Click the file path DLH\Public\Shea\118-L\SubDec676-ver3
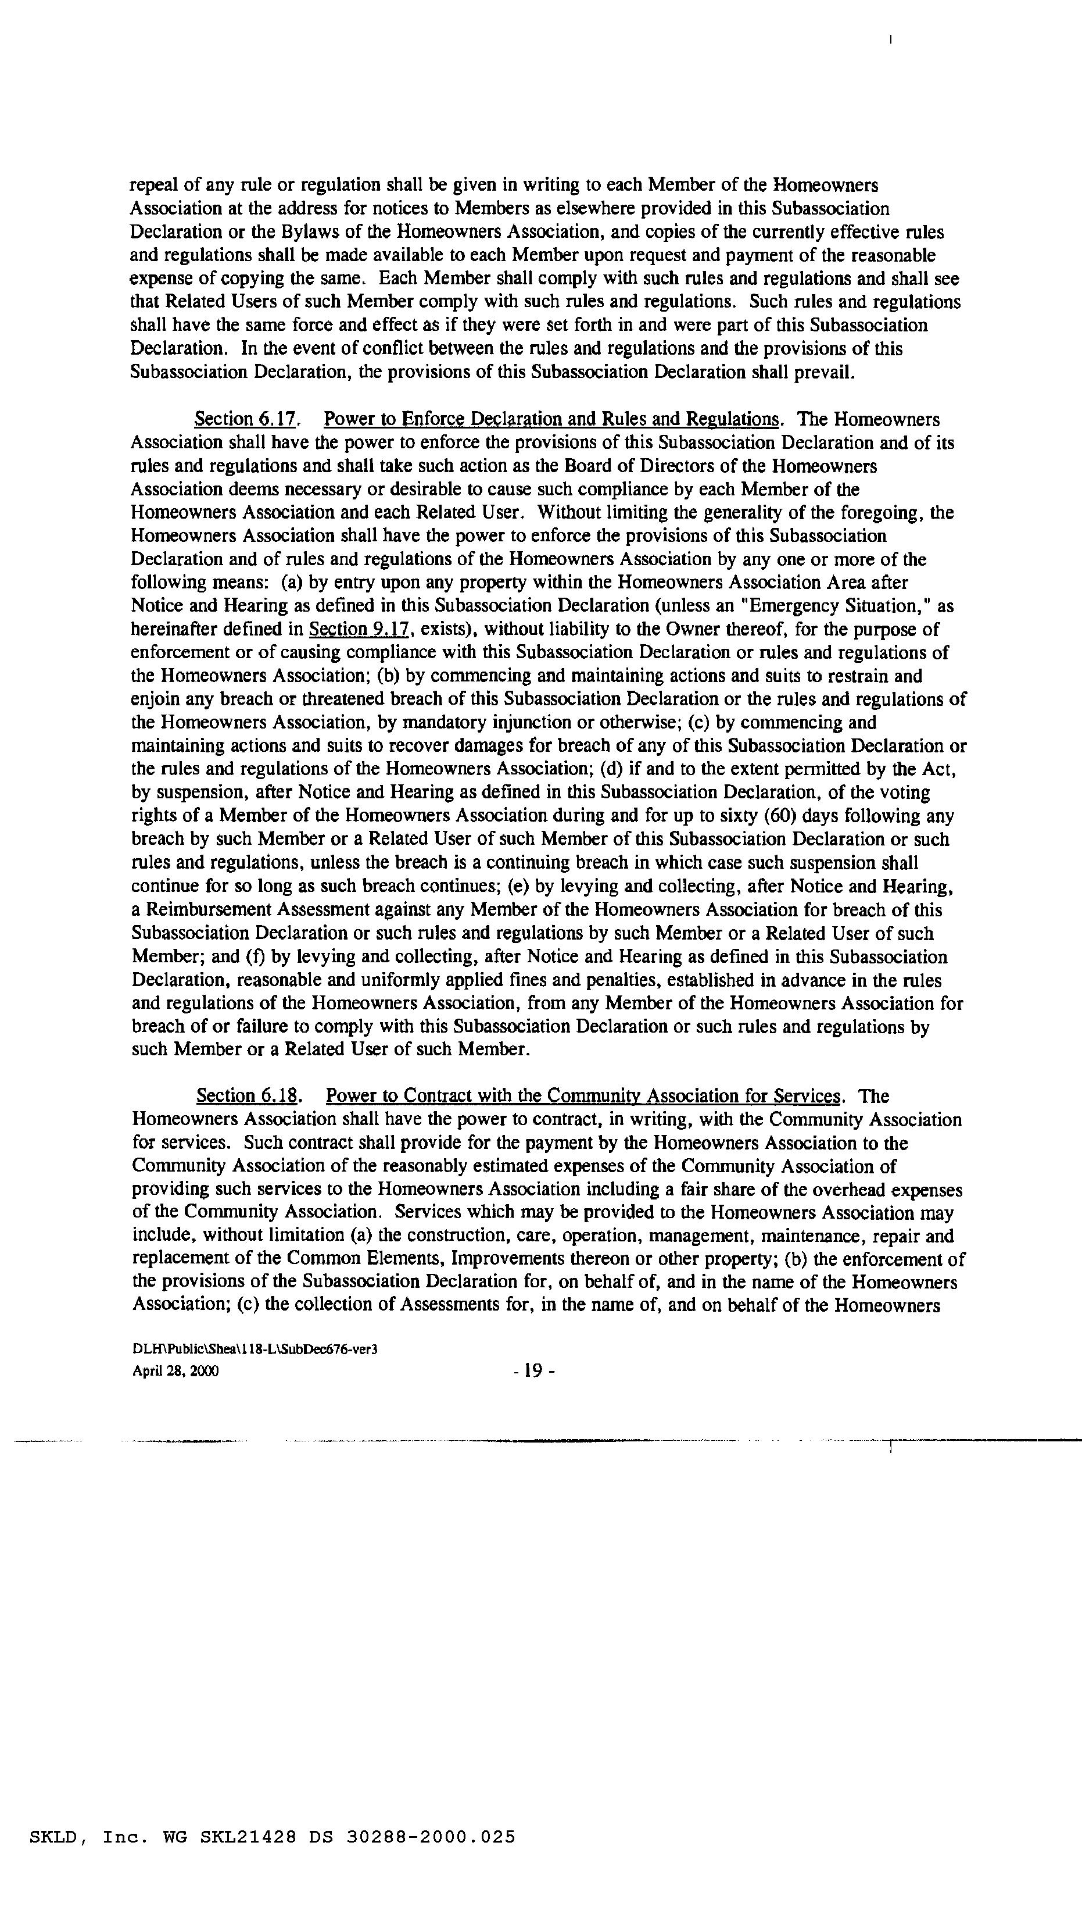[x=255, y=1350]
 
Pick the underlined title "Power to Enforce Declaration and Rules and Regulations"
[x=552, y=419]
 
